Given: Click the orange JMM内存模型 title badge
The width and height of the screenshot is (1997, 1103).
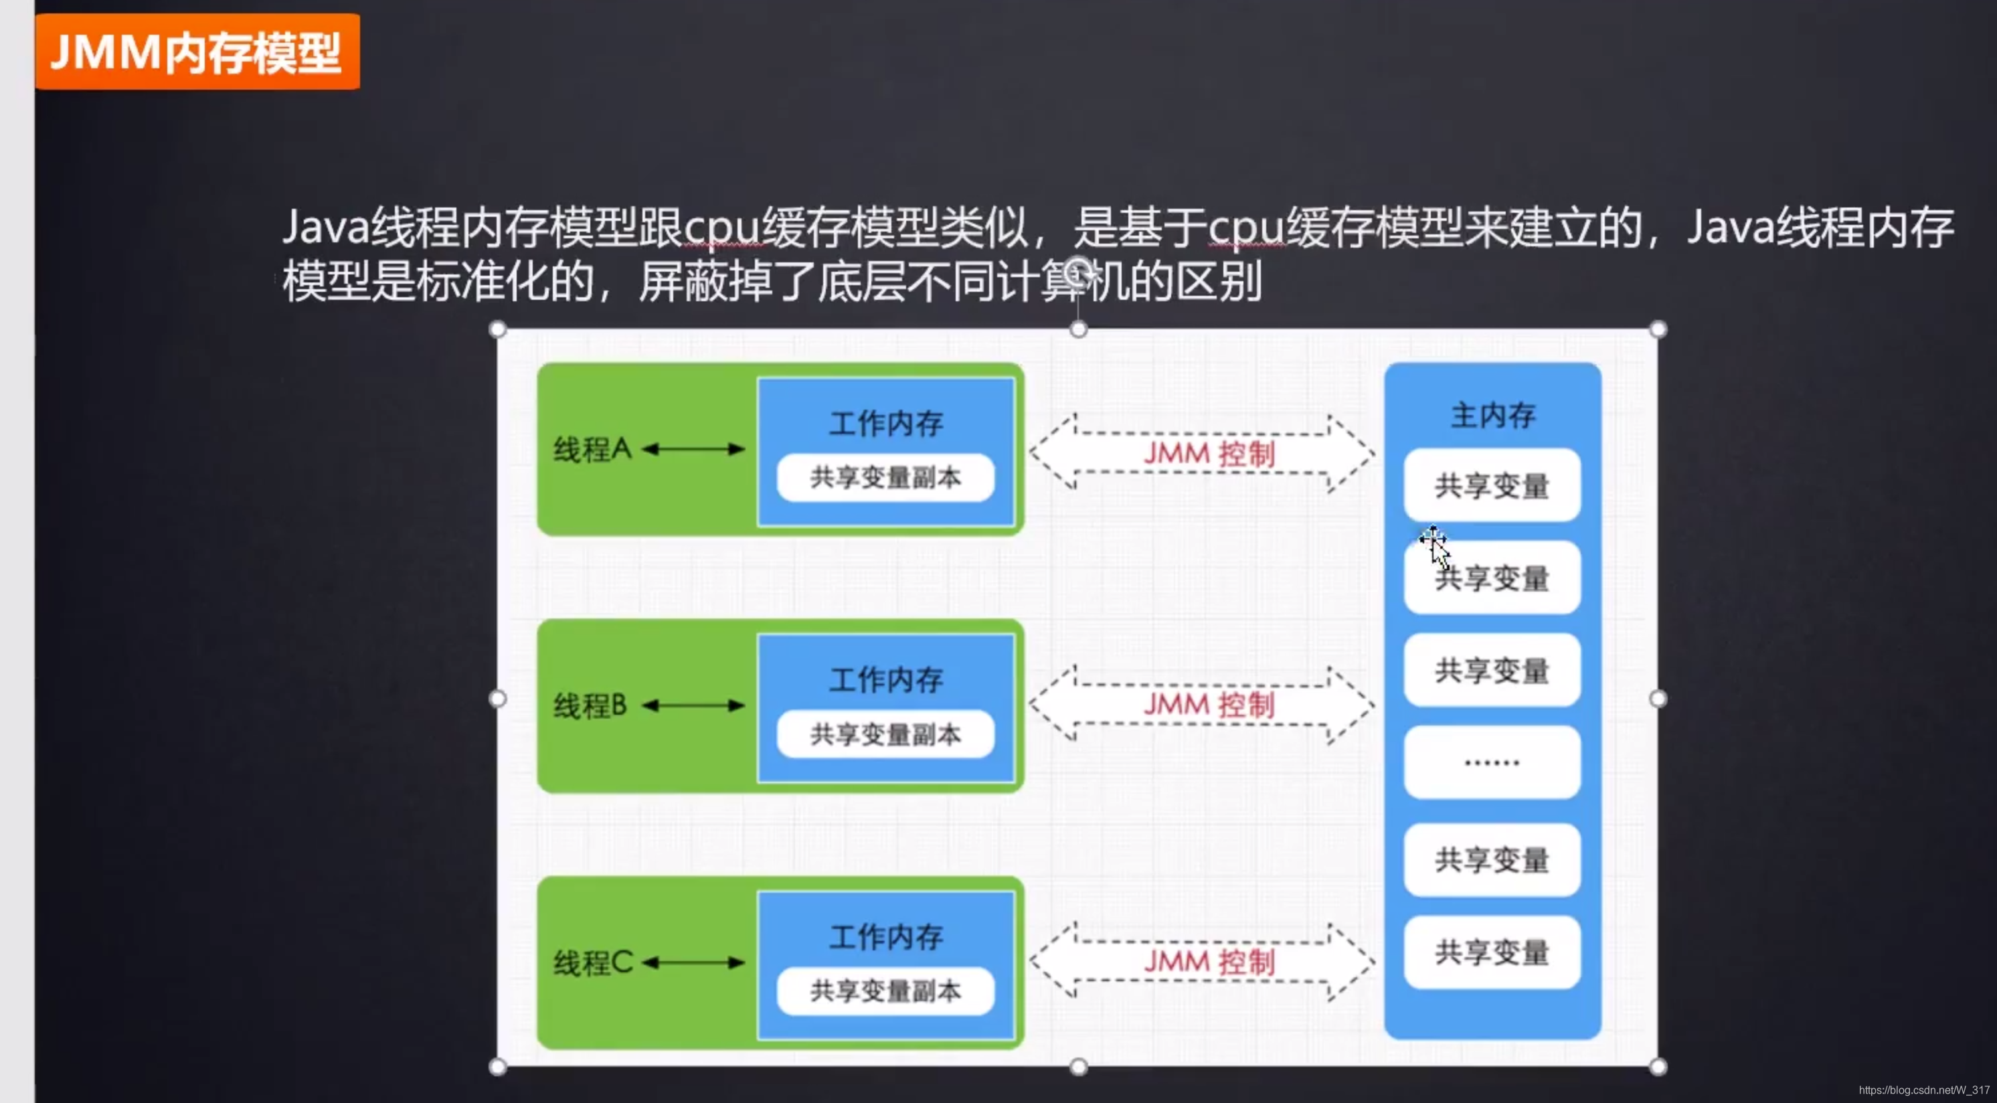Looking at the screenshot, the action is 197,52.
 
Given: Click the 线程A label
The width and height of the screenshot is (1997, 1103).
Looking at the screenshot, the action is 592,449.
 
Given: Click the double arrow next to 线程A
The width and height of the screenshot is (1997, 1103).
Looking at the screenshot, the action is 694,449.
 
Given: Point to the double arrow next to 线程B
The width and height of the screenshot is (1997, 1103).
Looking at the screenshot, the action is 694,705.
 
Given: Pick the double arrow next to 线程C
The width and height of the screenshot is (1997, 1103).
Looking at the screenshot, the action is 694,962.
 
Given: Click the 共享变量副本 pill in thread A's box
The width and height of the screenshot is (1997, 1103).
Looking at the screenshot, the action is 885,477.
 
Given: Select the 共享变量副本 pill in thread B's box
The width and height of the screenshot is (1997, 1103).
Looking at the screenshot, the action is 885,734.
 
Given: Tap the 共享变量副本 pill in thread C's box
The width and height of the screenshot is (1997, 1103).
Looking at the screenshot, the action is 885,991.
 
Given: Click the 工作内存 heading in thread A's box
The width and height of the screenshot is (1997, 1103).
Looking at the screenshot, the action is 886,423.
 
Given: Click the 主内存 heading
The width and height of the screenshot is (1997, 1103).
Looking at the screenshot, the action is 1492,416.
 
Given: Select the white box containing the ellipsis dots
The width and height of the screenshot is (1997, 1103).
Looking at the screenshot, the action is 1492,762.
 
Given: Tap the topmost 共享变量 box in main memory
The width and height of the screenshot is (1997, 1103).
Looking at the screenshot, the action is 1492,485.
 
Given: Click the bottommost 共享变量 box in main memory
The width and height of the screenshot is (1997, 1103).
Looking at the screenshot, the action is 1492,952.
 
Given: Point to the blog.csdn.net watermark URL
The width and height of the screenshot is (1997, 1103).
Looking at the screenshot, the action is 1923,1090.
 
